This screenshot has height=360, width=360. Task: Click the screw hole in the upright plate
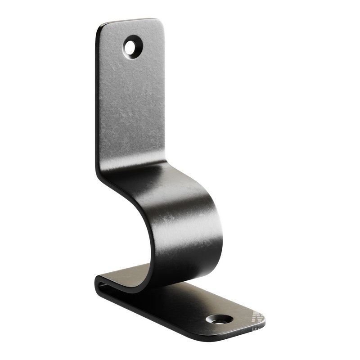click(x=132, y=46)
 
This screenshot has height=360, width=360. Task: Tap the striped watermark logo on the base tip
click(x=257, y=317)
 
